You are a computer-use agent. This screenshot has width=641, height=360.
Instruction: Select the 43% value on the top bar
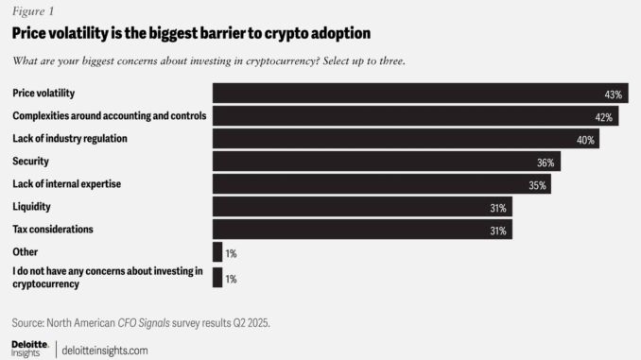pos(614,94)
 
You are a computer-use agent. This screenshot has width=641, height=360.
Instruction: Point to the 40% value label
pos(585,140)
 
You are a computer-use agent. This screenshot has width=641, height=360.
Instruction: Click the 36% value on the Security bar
pos(545,163)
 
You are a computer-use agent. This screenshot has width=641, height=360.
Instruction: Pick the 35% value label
pos(537,185)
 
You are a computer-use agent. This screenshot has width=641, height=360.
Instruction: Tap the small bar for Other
pos(217,252)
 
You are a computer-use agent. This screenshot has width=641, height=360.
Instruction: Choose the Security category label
pos(30,162)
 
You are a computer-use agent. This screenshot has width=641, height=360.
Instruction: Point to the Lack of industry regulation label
pos(69,139)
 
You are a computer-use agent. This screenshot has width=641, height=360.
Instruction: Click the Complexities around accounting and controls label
pos(109,116)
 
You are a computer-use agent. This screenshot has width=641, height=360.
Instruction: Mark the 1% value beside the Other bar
pos(232,253)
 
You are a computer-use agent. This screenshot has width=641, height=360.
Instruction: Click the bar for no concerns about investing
pos(217,278)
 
